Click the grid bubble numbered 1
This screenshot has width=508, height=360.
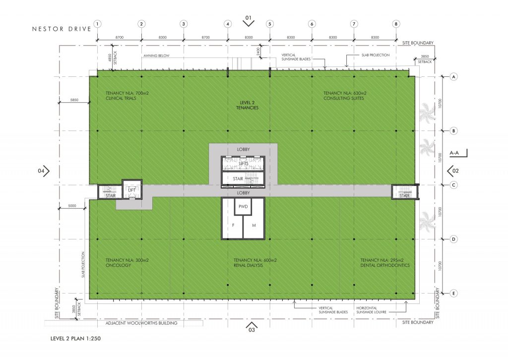coord(98,23)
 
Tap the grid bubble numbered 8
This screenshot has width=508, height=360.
coord(396,23)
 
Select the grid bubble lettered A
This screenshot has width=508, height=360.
coord(453,77)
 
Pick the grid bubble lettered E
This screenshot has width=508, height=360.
coord(453,294)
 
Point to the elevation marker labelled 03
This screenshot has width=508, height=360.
coord(251,328)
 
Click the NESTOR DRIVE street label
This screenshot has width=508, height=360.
coord(62,29)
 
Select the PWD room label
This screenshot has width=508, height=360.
coord(243,206)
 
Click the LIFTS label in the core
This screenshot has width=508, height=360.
coord(243,163)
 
